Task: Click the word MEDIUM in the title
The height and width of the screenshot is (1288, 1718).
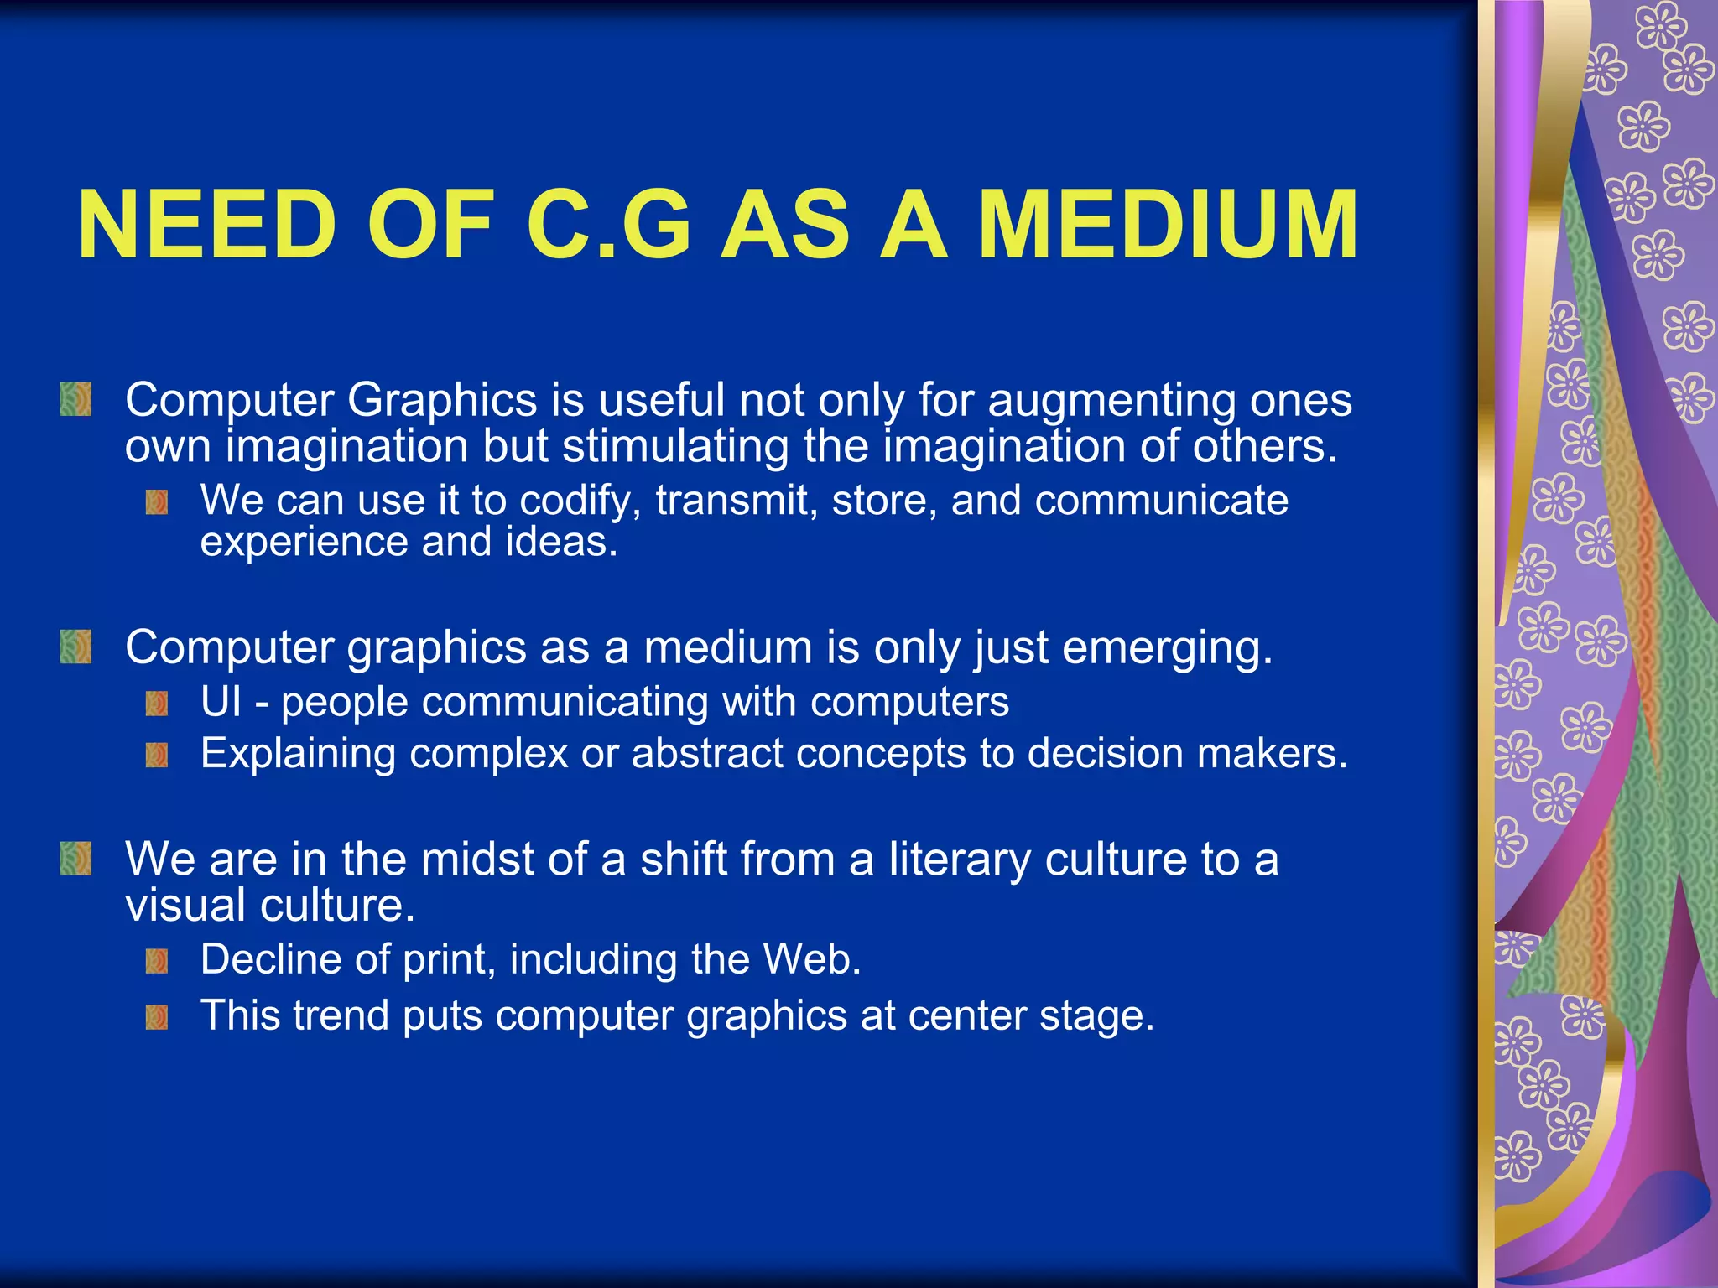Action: coord(1168,225)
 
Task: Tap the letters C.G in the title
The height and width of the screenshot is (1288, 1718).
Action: coord(609,225)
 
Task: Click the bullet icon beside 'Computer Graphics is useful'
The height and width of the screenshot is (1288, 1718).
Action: coord(75,399)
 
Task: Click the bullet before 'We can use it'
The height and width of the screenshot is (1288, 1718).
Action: coord(157,502)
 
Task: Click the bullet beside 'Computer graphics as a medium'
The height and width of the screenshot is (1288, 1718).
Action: coord(75,647)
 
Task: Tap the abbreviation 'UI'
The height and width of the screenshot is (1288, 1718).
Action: coord(221,701)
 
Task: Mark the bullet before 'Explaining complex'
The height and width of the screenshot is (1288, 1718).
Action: coord(157,755)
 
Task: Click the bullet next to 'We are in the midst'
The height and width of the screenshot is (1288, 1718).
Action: coord(75,859)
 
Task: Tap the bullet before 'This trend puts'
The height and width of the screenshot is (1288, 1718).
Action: coord(157,1017)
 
